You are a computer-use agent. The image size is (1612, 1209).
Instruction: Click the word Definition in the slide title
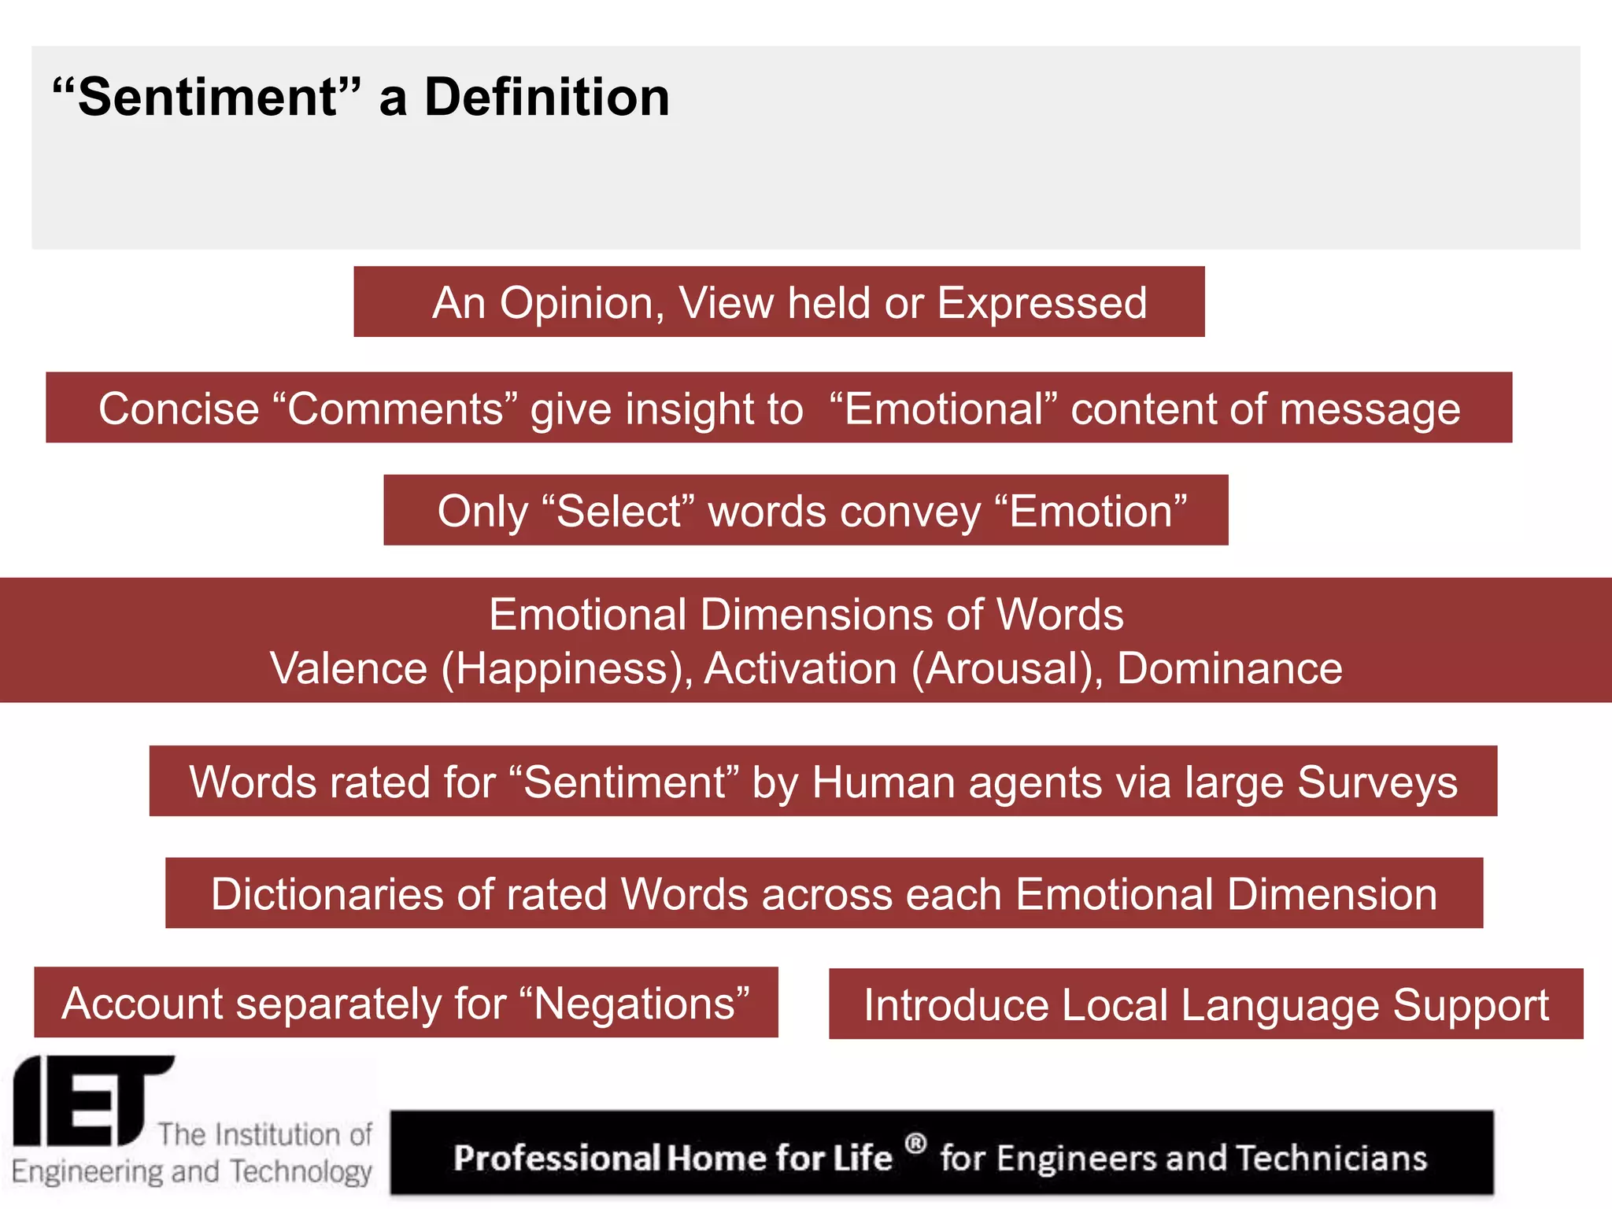(x=547, y=98)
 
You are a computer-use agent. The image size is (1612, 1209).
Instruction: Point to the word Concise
(x=179, y=409)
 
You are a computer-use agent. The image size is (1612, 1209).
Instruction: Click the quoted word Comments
(x=395, y=409)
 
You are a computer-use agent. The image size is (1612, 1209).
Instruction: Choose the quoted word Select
(x=619, y=512)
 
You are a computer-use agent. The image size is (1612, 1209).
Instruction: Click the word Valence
(x=349, y=669)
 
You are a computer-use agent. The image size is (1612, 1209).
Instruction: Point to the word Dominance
(x=1229, y=669)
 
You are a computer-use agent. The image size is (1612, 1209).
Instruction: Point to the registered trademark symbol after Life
(x=915, y=1142)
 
